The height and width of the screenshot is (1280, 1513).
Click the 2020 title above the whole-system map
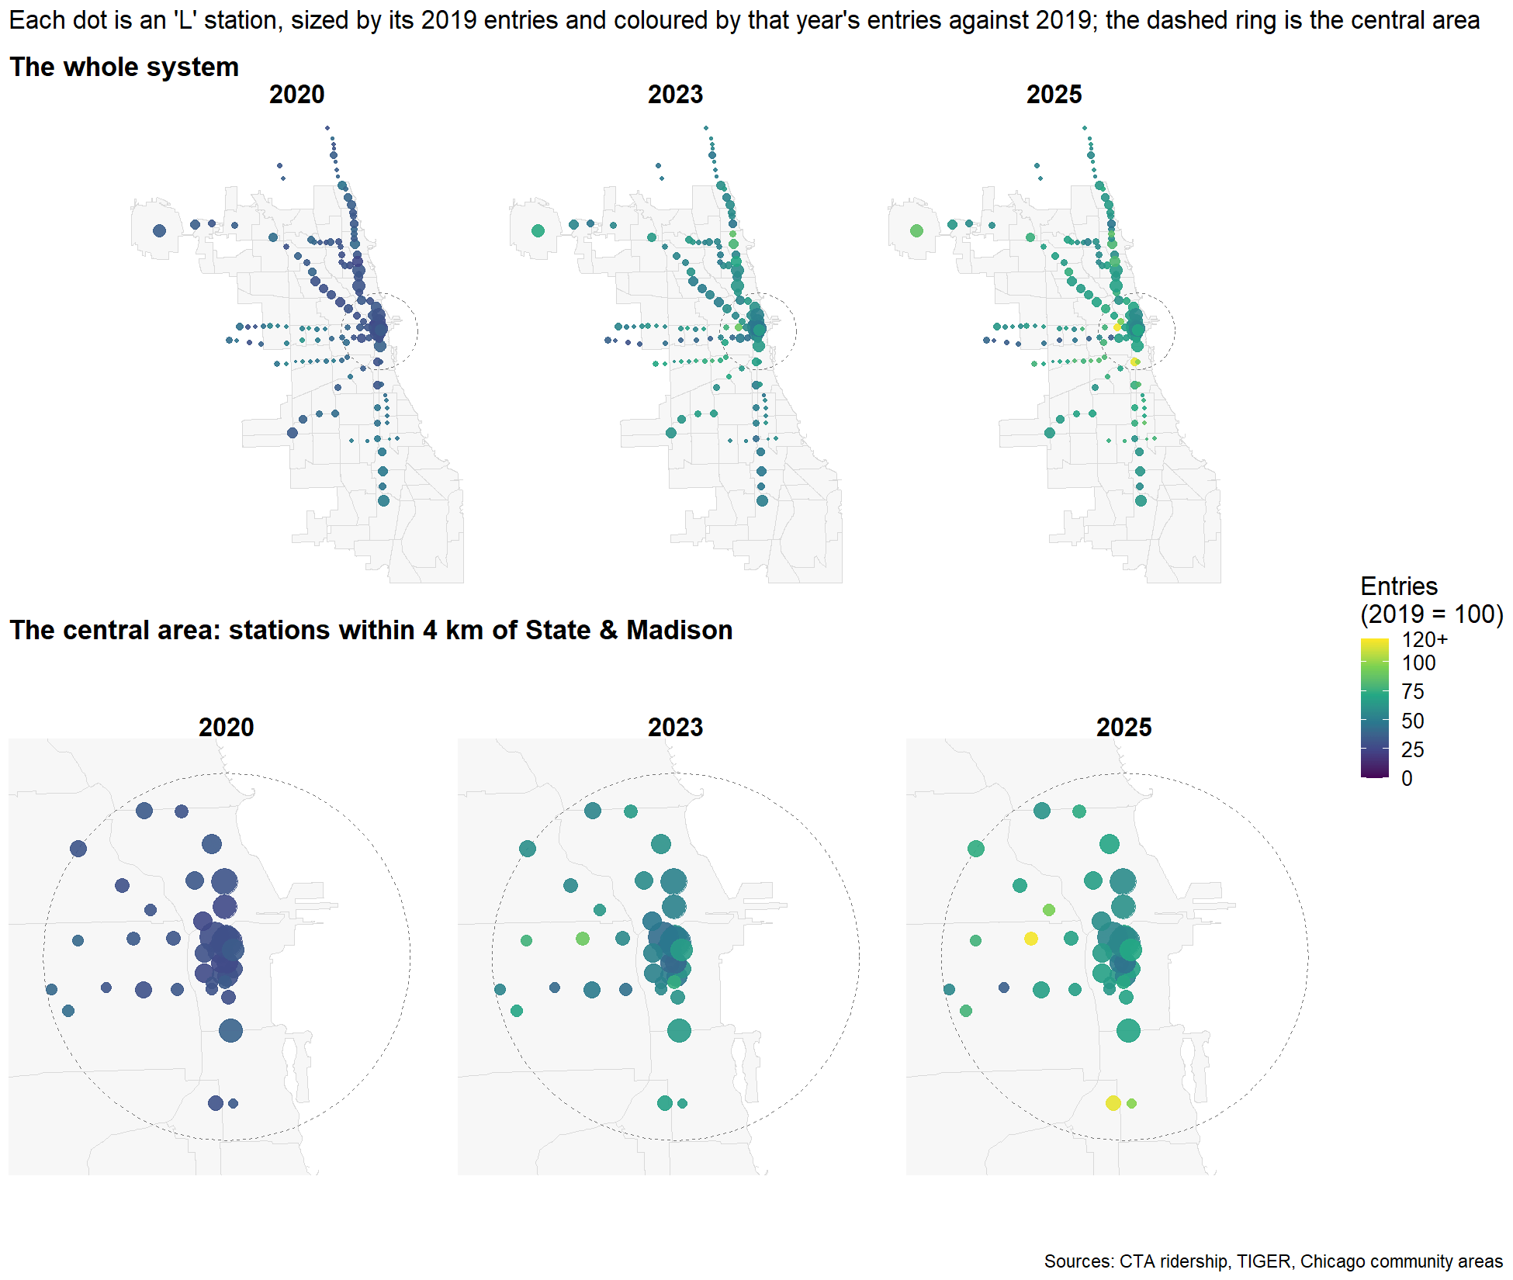(297, 95)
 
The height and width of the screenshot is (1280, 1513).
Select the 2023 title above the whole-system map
(676, 95)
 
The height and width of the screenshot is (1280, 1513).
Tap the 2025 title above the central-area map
(1124, 728)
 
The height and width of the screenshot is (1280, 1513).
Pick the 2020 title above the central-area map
(227, 728)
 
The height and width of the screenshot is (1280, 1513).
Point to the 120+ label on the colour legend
(1425, 640)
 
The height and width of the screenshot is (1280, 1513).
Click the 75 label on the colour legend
(1413, 692)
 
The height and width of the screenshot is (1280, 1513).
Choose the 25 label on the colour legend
(1413, 750)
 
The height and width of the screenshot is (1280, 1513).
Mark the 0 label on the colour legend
(1407, 779)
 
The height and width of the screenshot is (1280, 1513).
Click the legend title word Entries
(1399, 586)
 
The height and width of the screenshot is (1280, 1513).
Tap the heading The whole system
(124, 67)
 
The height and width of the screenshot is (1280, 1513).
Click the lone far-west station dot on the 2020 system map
(160, 230)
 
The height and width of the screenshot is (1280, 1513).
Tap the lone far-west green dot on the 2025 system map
(916, 230)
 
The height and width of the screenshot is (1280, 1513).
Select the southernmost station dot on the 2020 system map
(383, 501)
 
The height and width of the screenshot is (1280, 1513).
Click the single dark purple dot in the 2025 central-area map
(1004, 988)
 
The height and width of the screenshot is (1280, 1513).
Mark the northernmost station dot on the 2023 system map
(706, 128)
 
